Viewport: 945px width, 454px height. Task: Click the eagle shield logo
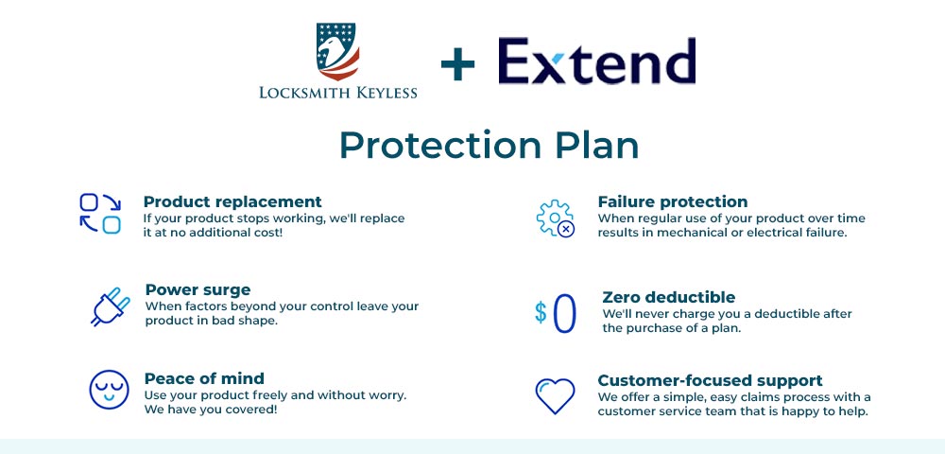[x=337, y=51]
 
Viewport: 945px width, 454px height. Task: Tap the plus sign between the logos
[x=458, y=64]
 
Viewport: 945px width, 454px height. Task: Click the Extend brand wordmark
[x=596, y=61]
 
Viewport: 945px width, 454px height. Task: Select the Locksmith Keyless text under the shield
[x=337, y=92]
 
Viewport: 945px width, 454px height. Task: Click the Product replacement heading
[x=232, y=201]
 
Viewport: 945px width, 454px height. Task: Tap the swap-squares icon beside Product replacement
[x=100, y=213]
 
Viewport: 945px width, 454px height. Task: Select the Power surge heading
[x=198, y=289]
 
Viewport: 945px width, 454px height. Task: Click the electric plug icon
[x=110, y=306]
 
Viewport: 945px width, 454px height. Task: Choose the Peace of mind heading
[x=204, y=378]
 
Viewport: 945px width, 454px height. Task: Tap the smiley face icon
[x=108, y=390]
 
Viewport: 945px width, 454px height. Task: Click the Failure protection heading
[x=673, y=201]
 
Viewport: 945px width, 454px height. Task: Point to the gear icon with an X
[x=555, y=218]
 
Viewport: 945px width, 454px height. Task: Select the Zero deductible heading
[x=668, y=297]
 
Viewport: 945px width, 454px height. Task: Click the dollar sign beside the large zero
[x=541, y=312]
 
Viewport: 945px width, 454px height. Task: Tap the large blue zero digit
[x=564, y=314]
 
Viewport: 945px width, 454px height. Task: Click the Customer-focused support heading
[x=710, y=380]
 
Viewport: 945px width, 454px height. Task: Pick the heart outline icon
[x=555, y=396]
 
